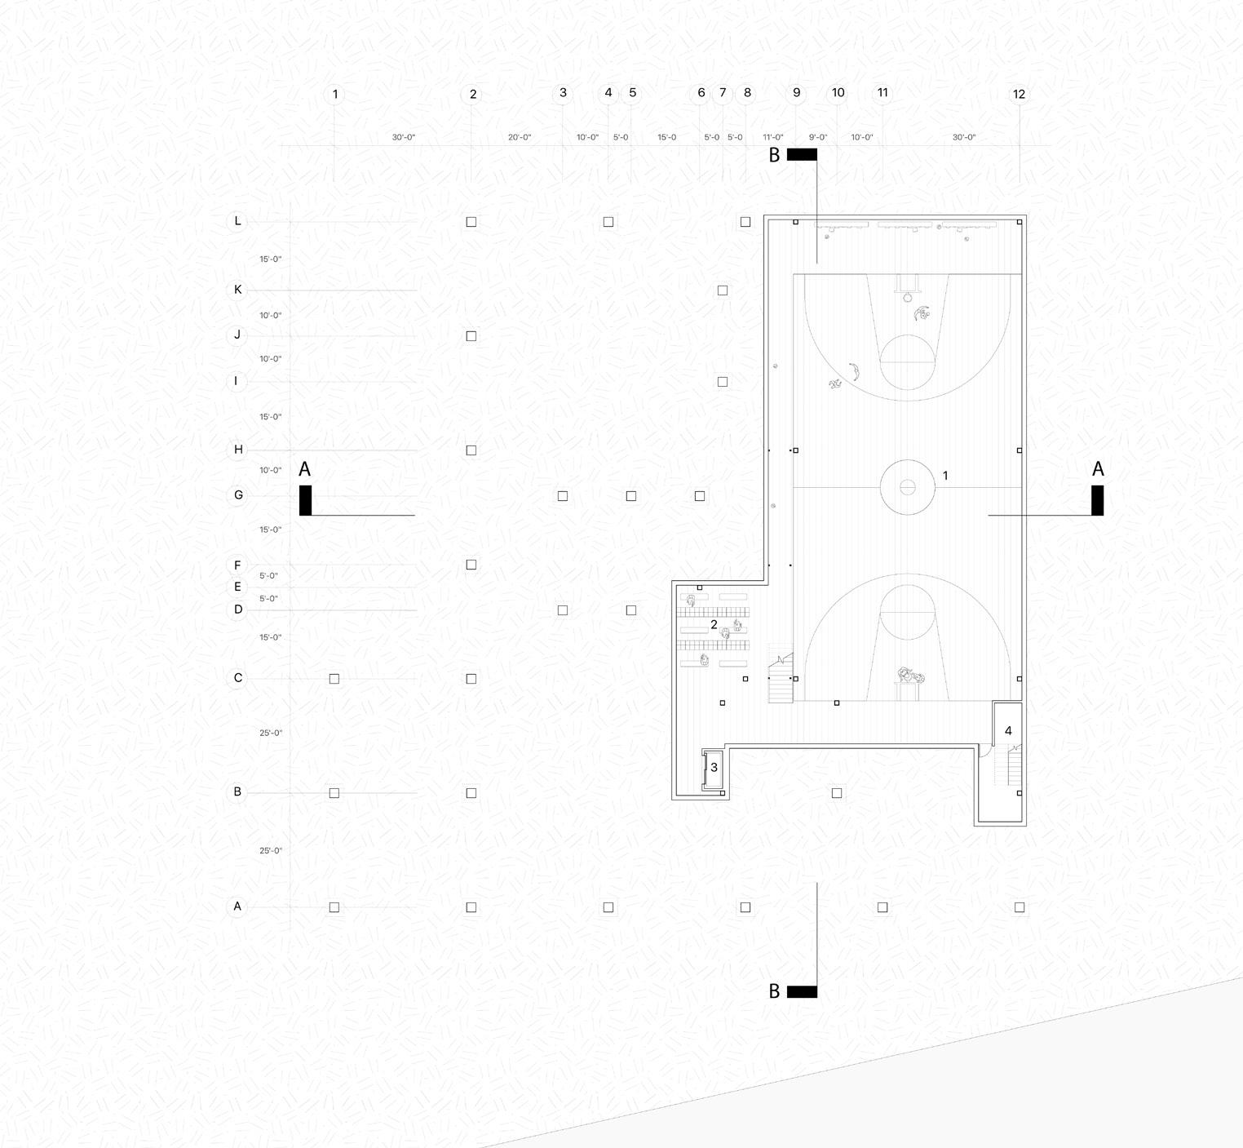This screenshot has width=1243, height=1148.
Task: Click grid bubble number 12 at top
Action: click(1019, 94)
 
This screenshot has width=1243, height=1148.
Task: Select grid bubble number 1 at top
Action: click(334, 94)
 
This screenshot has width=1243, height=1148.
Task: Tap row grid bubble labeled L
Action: click(237, 221)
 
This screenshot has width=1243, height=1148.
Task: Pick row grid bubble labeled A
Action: click(237, 906)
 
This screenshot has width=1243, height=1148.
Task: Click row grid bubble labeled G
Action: click(238, 495)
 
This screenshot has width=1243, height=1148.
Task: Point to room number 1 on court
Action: click(945, 476)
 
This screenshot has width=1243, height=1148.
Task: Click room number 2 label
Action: click(714, 625)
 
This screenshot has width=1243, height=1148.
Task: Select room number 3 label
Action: click(714, 767)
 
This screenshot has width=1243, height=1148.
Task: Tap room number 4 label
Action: click(1008, 731)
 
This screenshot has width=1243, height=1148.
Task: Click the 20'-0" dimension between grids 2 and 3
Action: click(520, 137)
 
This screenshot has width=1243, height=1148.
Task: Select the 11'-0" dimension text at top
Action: click(773, 137)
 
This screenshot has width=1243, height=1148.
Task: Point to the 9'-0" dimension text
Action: click(818, 137)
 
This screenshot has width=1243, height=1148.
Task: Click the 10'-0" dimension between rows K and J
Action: click(271, 316)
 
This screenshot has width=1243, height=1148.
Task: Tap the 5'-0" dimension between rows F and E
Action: click(269, 576)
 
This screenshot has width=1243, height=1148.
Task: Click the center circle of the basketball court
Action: click(907, 487)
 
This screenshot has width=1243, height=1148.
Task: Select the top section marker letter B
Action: click(774, 155)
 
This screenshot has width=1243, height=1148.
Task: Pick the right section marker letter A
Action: click(1098, 469)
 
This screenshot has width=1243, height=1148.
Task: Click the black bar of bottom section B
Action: click(802, 991)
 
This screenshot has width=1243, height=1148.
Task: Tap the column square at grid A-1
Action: click(334, 907)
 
